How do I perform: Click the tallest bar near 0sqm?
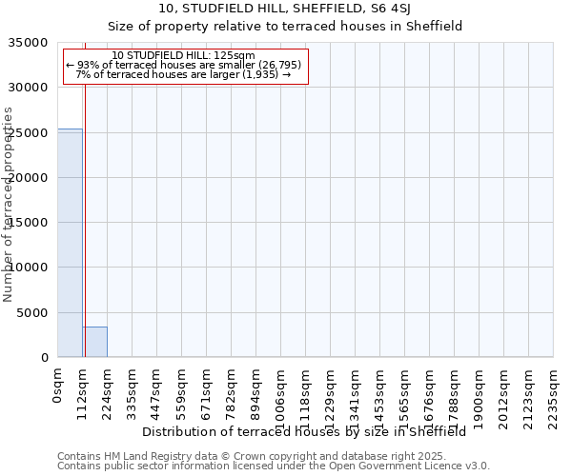[x=70, y=243]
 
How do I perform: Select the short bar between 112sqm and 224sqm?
[x=94, y=342]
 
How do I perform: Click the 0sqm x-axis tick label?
[x=57, y=387]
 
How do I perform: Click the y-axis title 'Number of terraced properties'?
[x=9, y=204]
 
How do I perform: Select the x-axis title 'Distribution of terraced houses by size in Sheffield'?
[x=304, y=431]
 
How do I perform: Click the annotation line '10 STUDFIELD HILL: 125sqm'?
[x=183, y=55]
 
